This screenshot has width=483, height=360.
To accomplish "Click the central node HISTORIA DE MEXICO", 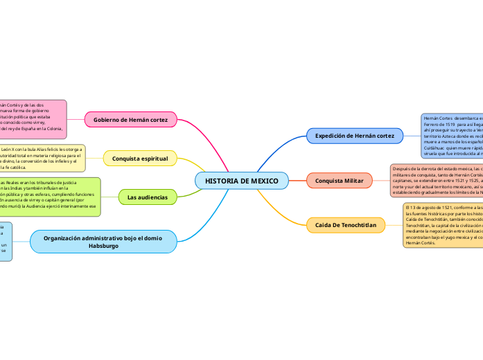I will (241, 181).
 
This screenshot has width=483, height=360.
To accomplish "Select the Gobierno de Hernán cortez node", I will (130, 120).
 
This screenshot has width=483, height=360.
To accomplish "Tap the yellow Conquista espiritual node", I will (140, 159).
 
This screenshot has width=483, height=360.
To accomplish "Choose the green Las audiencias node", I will (147, 198).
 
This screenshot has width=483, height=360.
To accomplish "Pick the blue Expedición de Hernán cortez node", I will (354, 136).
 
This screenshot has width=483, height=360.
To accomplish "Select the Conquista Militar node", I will (339, 181).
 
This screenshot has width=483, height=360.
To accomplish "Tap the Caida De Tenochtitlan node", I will (345, 225).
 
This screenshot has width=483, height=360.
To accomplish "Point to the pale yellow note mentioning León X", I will (42, 159).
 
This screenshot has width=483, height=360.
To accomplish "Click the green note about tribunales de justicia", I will (49, 197).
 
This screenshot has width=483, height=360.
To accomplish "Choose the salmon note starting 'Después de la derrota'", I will (435, 181).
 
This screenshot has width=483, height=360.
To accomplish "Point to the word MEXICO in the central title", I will (264, 181).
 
